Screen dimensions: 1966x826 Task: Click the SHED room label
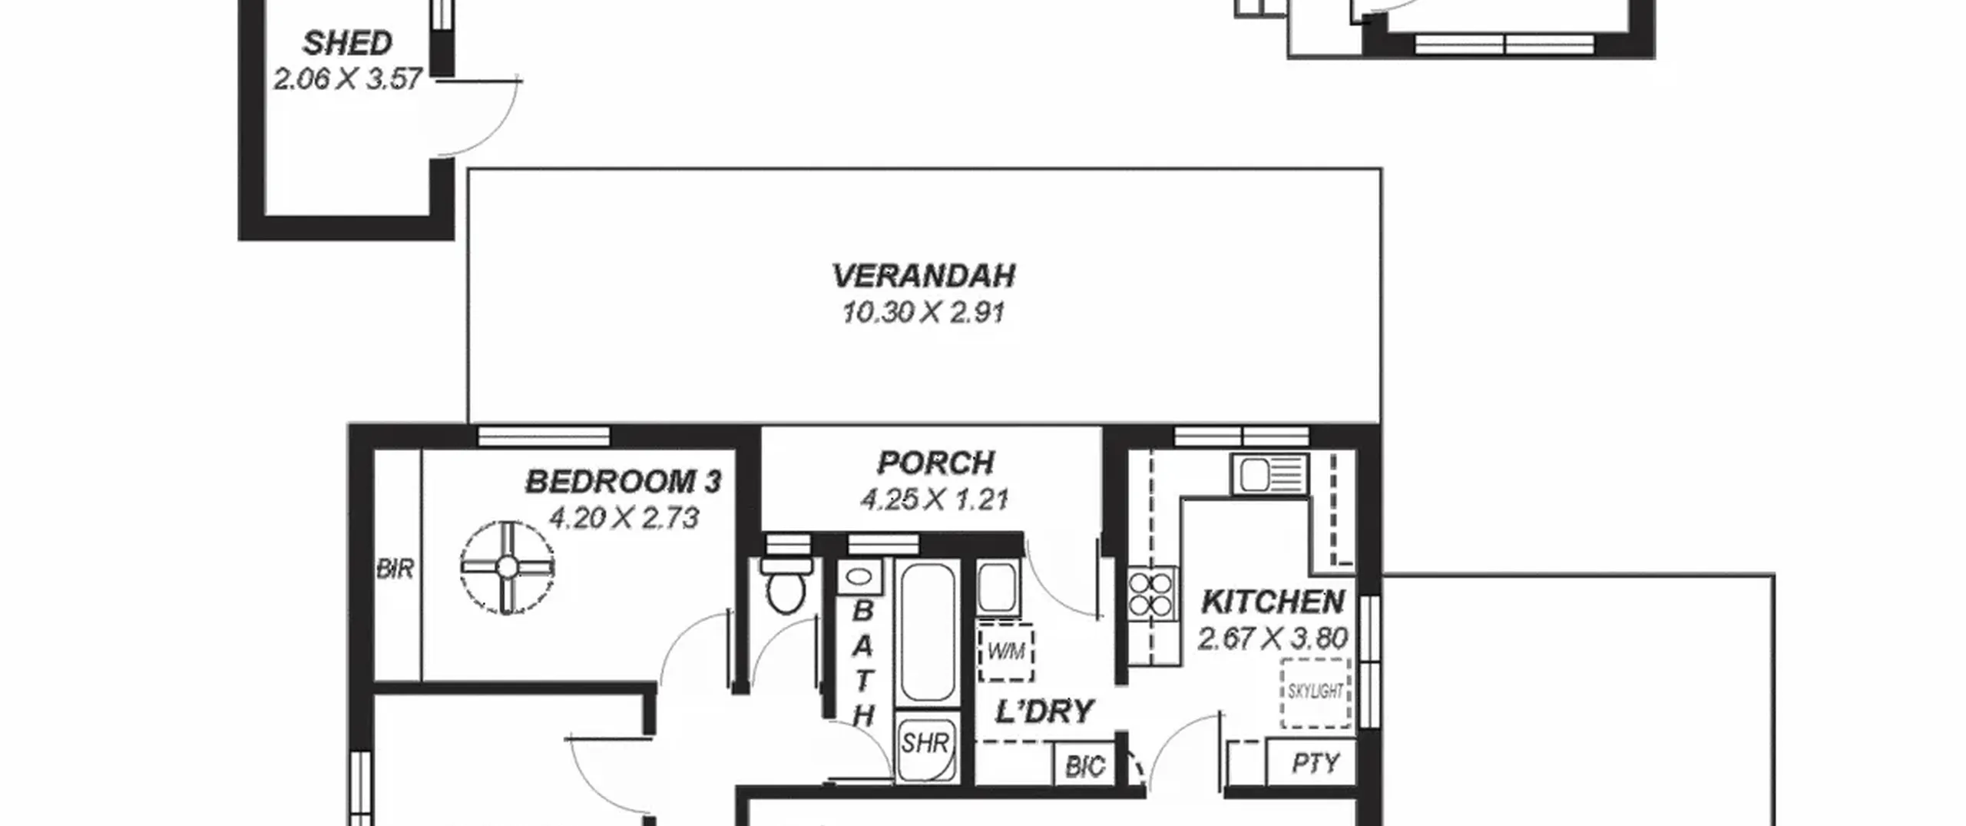point(347,43)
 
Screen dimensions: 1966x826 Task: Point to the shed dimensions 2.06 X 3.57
point(347,79)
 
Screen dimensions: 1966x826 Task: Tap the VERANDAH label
point(924,276)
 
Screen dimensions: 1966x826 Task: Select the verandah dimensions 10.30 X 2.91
point(924,313)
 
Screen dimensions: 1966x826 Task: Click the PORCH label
point(935,463)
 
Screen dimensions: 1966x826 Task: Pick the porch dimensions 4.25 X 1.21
point(935,500)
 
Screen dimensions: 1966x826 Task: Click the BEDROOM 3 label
point(624,482)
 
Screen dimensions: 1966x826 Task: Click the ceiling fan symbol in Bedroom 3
point(507,567)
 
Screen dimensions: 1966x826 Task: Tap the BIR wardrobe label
point(395,569)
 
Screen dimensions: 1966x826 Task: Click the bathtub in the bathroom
point(927,632)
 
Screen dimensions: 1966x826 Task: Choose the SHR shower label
point(925,744)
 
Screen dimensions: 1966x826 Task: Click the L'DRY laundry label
point(1044,712)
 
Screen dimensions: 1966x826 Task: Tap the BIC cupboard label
point(1084,766)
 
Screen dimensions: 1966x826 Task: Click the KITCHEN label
point(1273,602)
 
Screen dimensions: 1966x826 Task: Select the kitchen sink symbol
point(1269,473)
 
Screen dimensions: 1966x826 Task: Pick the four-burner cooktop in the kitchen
point(1151,593)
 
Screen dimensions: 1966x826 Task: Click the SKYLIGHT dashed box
point(1316,692)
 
